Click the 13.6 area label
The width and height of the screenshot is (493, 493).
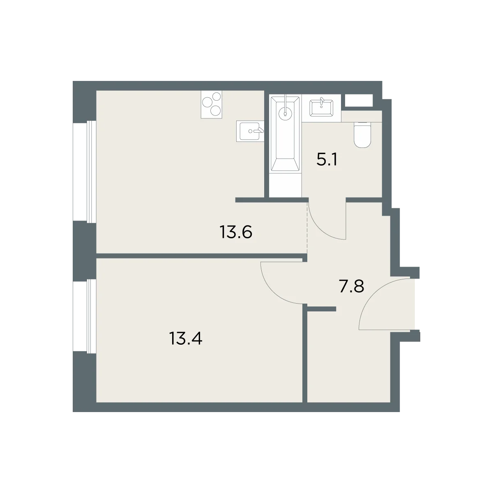pos(236,232)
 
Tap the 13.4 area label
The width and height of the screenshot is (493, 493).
pos(185,338)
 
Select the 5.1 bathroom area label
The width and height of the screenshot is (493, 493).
pos(327,159)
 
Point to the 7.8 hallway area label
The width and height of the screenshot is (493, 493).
pos(351,286)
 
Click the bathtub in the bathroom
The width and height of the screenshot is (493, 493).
pos(285,134)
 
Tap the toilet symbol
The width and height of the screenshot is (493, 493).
pos(362,135)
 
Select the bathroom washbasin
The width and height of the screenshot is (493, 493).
pos(321,108)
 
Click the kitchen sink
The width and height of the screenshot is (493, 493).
pos(250,131)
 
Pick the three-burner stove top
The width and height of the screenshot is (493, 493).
pos(211,104)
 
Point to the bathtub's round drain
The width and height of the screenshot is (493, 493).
pos(285,113)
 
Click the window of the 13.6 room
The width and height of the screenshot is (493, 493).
pos(85,172)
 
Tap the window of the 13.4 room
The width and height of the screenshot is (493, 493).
pos(85,316)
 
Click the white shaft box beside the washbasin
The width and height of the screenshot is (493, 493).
pos(359,100)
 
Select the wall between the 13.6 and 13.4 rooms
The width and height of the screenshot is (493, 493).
pos(202,256)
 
